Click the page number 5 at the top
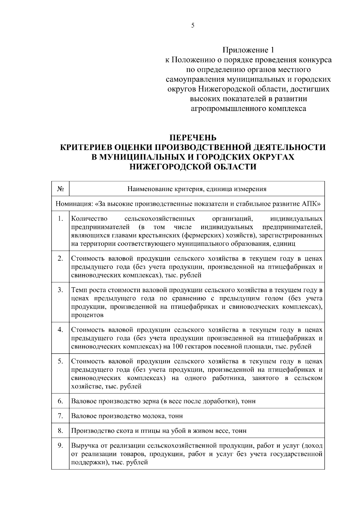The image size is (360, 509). [193, 25]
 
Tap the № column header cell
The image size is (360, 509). [60, 189]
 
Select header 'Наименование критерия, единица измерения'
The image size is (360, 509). [197, 189]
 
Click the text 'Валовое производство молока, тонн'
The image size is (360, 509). [127, 416]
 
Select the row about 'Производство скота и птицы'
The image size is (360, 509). [159, 431]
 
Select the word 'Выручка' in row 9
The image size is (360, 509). [83, 446]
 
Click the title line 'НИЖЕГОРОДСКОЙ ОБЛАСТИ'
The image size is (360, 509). [193, 167]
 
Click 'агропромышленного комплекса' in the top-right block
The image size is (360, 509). [248, 109]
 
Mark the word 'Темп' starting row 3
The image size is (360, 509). [79, 290]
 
